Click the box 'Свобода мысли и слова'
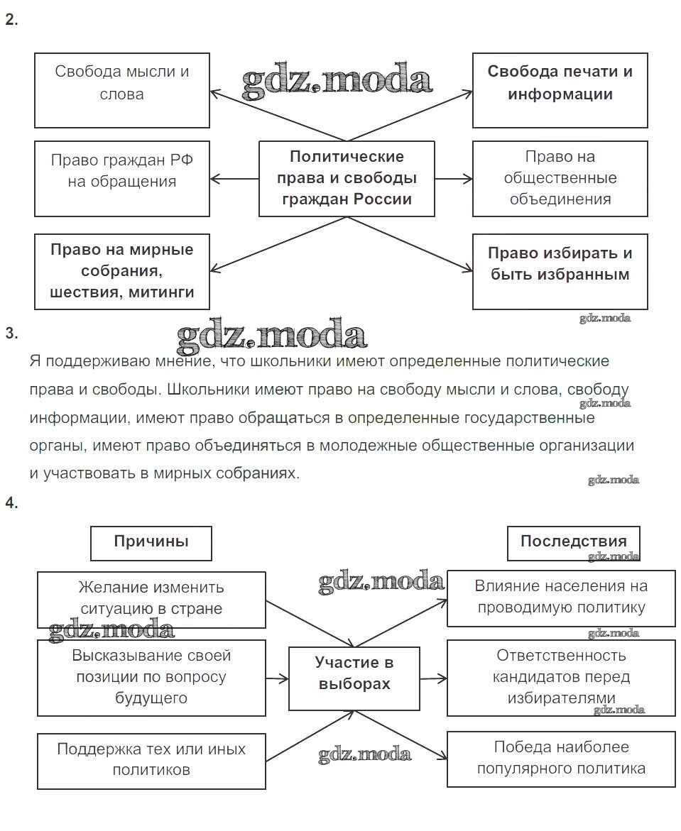tap(121, 90)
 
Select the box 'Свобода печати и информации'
tap(560, 90)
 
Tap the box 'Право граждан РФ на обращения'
tap(121, 178)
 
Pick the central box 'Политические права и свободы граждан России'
tap(347, 178)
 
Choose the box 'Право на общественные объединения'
tap(560, 178)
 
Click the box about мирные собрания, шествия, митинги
tap(121, 271)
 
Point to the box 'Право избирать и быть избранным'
tap(560, 271)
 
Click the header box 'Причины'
tap(151, 543)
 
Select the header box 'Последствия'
tap(573, 543)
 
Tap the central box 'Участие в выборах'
tap(354, 678)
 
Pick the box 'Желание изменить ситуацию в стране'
tap(151, 600)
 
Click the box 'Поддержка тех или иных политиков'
tap(151, 761)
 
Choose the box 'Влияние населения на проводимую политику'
tap(561, 598)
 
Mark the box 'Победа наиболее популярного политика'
tap(561, 759)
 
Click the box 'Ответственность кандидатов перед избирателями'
tap(561, 677)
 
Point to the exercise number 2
tap(11, 20)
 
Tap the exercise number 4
tap(11, 503)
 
